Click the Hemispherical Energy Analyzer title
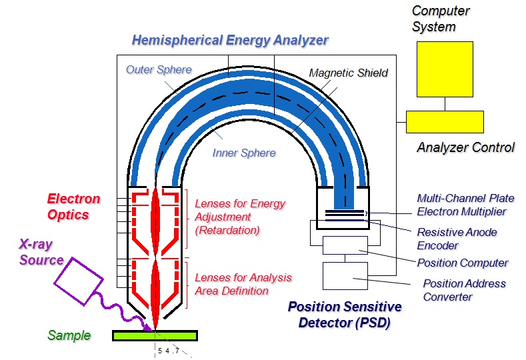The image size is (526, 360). pyautogui.click(x=230, y=40)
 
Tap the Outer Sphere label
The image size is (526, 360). pyautogui.click(x=159, y=69)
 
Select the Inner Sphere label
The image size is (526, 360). pyautogui.click(x=244, y=153)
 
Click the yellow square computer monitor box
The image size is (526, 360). pyautogui.click(x=444, y=69)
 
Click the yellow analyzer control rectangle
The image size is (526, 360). pyautogui.click(x=445, y=122)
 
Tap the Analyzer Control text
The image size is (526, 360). pyautogui.click(x=465, y=147)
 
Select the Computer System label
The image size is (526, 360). pyautogui.click(x=441, y=19)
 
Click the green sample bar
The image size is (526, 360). pyautogui.click(x=155, y=335)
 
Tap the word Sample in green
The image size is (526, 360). pyautogui.click(x=69, y=335)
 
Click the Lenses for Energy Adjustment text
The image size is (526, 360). pyautogui.click(x=239, y=217)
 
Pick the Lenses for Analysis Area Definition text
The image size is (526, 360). pyautogui.click(x=243, y=284)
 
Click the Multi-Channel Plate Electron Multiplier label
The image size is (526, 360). pyautogui.click(x=461, y=205)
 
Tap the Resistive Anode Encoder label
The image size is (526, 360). pyautogui.click(x=457, y=239)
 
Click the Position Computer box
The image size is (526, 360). pyautogui.click(x=345, y=245)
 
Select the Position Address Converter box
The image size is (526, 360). pyautogui.click(x=345, y=275)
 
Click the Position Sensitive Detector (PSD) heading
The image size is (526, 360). pyautogui.click(x=345, y=315)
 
